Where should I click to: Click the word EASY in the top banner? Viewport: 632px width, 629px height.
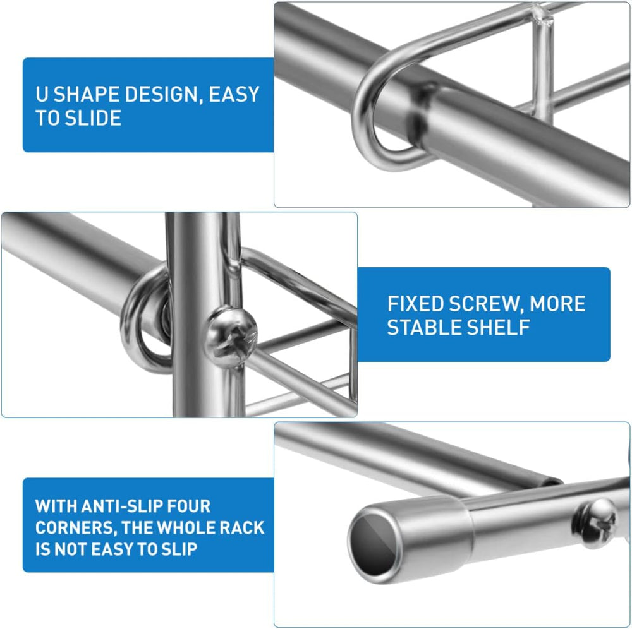234,94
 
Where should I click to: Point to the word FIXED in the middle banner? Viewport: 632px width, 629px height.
416,304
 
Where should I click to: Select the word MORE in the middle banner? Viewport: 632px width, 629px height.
557,304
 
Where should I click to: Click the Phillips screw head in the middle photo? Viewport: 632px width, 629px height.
231,337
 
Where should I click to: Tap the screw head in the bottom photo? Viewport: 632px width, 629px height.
594,523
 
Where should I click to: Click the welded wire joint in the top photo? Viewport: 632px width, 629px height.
541,16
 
